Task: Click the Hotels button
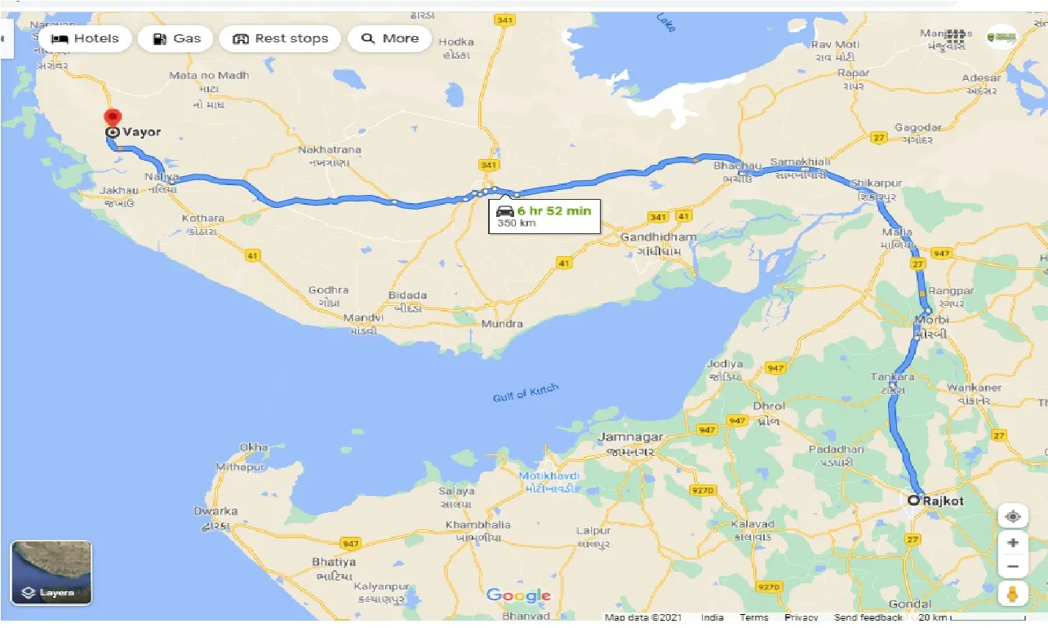tap(85, 38)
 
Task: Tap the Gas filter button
tap(175, 38)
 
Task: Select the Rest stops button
tap(280, 38)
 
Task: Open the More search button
tap(389, 38)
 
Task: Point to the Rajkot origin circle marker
tap(914, 500)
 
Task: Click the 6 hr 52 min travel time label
tap(553, 211)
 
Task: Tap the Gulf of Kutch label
tap(526, 393)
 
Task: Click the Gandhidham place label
tap(659, 237)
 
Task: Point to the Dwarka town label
tap(215, 511)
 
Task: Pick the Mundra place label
tap(501, 324)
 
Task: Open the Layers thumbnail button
tap(51, 573)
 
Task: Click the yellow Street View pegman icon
tap(1012, 595)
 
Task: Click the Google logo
tap(518, 595)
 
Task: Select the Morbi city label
tap(931, 319)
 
